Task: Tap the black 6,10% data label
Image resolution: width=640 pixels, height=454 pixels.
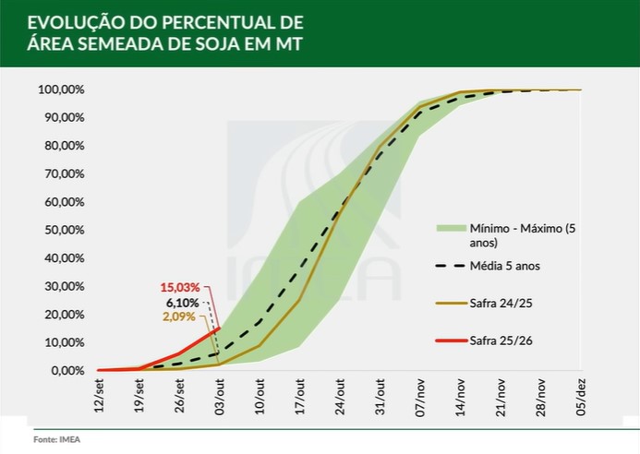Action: pos(183,302)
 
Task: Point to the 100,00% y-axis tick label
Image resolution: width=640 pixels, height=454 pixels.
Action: pos(62,90)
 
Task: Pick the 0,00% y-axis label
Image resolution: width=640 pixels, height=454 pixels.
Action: pos(67,371)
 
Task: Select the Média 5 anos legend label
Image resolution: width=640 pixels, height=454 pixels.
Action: pos(509,265)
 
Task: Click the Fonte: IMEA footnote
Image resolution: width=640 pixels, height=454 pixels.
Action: pos(57,439)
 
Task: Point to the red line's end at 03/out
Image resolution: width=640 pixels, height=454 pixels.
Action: pos(219,328)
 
